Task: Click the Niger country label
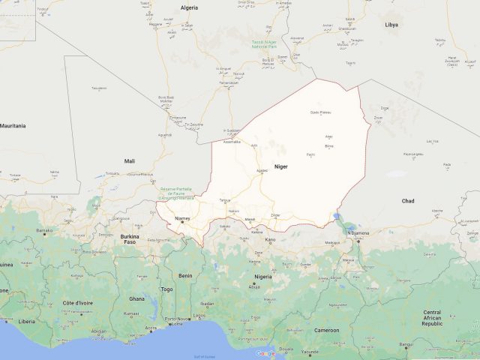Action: click(x=281, y=166)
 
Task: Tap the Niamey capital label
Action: click(x=182, y=218)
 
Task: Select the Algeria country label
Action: click(x=188, y=7)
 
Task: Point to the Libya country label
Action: click(x=391, y=25)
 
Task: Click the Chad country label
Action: click(x=408, y=201)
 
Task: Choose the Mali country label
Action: click(x=130, y=160)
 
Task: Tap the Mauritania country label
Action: click(x=13, y=125)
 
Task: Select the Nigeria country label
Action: click(x=262, y=277)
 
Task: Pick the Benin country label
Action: click(x=185, y=275)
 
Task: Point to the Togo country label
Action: click(x=166, y=289)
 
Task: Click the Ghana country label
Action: click(x=136, y=298)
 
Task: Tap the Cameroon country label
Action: click(x=327, y=330)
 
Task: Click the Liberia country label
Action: click(x=27, y=321)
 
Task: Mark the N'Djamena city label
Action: click(x=358, y=233)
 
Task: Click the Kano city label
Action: click(x=271, y=240)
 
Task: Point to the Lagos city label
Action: click(x=199, y=316)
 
